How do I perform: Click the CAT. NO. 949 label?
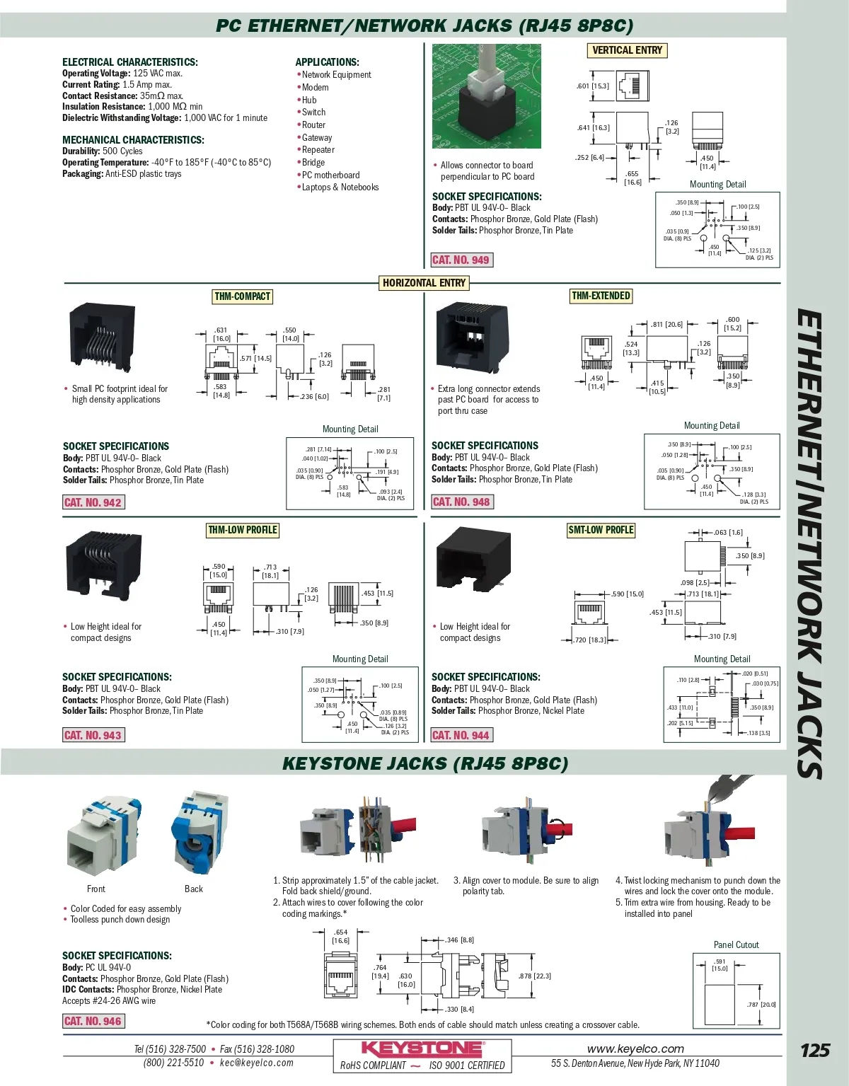(x=461, y=260)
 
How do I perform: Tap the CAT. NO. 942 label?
(x=93, y=502)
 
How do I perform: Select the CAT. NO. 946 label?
(x=93, y=1021)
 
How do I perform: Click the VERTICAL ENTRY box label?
(x=627, y=50)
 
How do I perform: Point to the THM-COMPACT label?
(x=242, y=296)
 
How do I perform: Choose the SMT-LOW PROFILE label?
(x=601, y=530)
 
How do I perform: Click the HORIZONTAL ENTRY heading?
(x=424, y=283)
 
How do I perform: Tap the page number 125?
(x=814, y=1050)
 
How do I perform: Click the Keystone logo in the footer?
(x=422, y=1049)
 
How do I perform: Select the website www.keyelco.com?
(x=635, y=1049)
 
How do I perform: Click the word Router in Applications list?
(x=313, y=125)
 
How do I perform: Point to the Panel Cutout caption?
(x=736, y=945)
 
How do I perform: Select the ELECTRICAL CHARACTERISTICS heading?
(x=130, y=62)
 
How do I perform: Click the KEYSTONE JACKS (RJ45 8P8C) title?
(x=424, y=764)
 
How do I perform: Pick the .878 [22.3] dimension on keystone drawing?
(x=534, y=976)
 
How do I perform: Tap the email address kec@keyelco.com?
(x=256, y=1063)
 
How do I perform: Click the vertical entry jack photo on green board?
(x=486, y=96)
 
